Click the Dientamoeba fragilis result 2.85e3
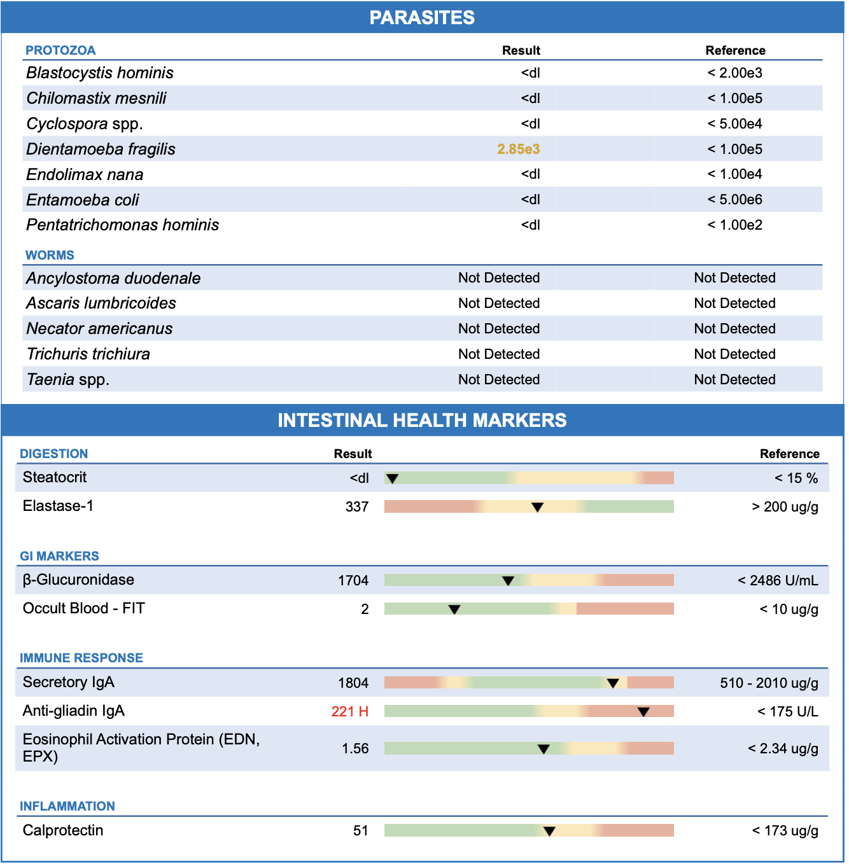(518, 149)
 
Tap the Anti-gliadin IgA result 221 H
(349, 711)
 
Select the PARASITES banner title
(422, 17)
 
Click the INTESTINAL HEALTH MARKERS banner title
(422, 420)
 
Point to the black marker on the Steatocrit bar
(393, 478)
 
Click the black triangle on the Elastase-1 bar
(537, 507)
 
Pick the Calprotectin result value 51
(360, 830)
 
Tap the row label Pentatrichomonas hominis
(122, 225)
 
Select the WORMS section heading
(50, 255)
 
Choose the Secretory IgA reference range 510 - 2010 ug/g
(769, 683)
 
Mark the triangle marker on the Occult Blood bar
(454, 610)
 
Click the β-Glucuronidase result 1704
(353, 580)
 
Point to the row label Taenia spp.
(68, 379)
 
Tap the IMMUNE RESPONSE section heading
(81, 658)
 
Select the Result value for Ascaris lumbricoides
(499, 303)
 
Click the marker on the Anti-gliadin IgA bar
(643, 712)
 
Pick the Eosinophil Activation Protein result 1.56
(355, 748)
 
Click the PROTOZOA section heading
(60, 50)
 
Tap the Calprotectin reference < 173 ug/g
(785, 830)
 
